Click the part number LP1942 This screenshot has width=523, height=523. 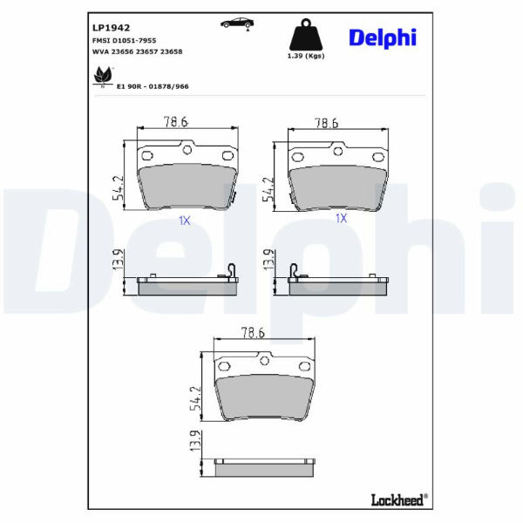[111, 28]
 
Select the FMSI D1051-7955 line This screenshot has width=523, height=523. [124, 41]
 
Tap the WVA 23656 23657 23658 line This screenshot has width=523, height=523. [138, 51]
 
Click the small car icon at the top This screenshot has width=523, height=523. [237, 24]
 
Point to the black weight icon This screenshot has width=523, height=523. [306, 35]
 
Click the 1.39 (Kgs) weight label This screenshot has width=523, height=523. [306, 56]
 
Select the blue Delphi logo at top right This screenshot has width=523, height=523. [383, 37]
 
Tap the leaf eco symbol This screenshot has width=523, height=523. [103, 76]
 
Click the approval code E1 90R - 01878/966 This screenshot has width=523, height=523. [153, 86]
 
